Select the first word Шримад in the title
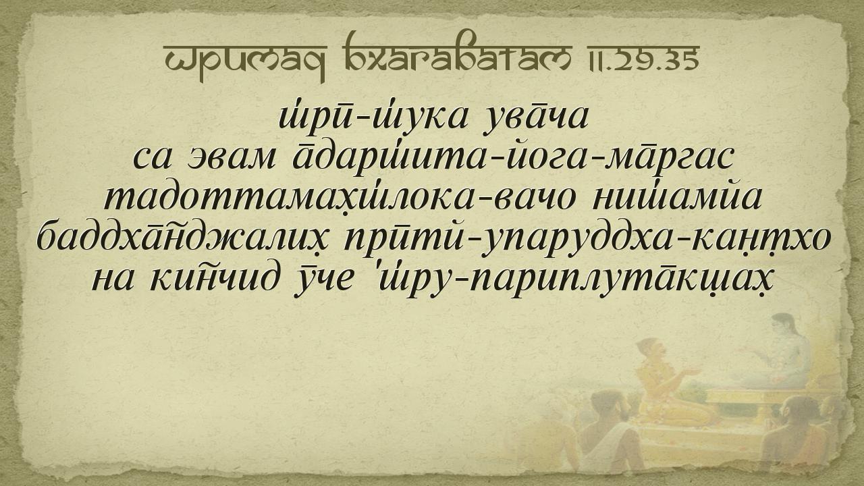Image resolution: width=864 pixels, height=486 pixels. [x=245, y=61]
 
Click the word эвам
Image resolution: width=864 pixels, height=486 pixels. [x=230, y=158]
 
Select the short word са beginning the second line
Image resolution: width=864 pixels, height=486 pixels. [x=152, y=159]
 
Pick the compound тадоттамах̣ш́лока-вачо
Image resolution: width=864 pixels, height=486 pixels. [x=340, y=196]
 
